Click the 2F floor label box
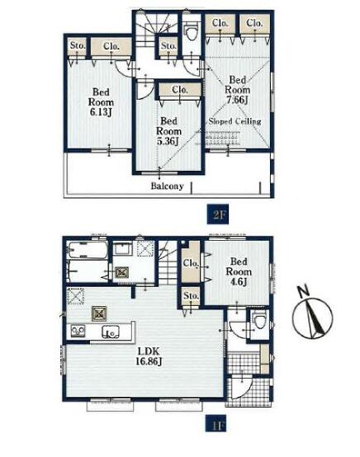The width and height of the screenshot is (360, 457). pos(218,214)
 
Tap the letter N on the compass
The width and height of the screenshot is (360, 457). pos(303,291)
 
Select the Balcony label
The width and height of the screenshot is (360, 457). pos(167,186)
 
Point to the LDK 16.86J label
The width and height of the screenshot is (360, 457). pos(149,356)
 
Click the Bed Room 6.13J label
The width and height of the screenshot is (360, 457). pos(101,102)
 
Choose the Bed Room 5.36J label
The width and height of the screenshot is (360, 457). pos(168,131)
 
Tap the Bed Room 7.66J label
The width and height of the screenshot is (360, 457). pos(238,89)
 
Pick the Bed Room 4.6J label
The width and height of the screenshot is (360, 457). pos(239,271)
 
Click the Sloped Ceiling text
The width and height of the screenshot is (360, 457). pos(234,121)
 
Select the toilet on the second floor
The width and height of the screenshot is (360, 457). pos(192,31)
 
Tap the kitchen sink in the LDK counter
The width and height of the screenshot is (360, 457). pos(111,332)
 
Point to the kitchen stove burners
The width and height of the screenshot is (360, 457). pos(78,332)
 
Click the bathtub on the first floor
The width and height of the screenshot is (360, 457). pos(87,249)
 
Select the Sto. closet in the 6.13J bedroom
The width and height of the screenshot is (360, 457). pos(78,45)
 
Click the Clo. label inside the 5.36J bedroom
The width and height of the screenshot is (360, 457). pos(180,89)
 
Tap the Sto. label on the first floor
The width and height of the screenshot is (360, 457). pos(191,295)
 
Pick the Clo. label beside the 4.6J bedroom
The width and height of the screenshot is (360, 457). pos(191,263)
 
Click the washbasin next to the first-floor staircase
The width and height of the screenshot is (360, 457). pos(122,249)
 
